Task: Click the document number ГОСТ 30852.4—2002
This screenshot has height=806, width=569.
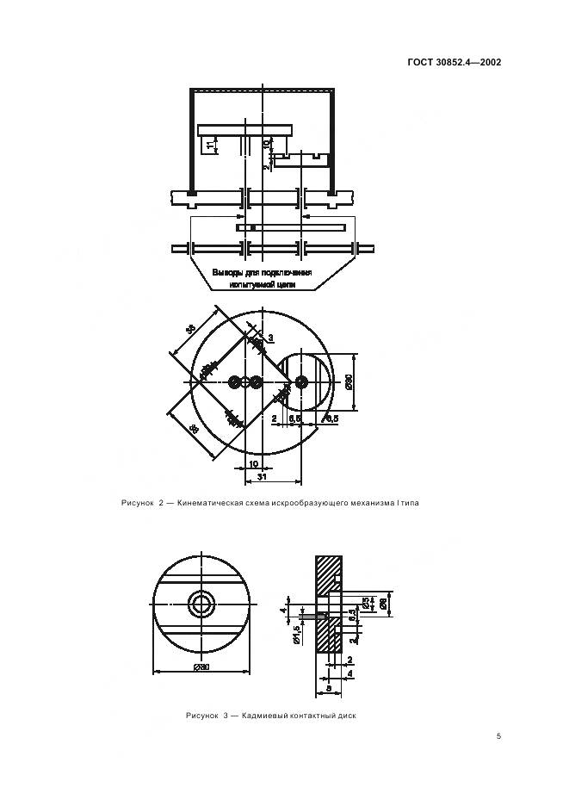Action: [x=455, y=62]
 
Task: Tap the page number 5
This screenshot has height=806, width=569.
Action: [x=499, y=735]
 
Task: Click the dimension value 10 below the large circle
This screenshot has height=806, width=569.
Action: [x=253, y=463]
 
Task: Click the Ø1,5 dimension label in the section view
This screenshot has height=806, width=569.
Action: [x=296, y=633]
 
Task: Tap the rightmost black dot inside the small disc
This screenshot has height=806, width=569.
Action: [x=300, y=381]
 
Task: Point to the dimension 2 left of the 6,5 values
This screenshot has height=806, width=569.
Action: [x=275, y=418]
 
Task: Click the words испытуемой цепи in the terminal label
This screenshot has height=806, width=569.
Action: [x=262, y=283]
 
